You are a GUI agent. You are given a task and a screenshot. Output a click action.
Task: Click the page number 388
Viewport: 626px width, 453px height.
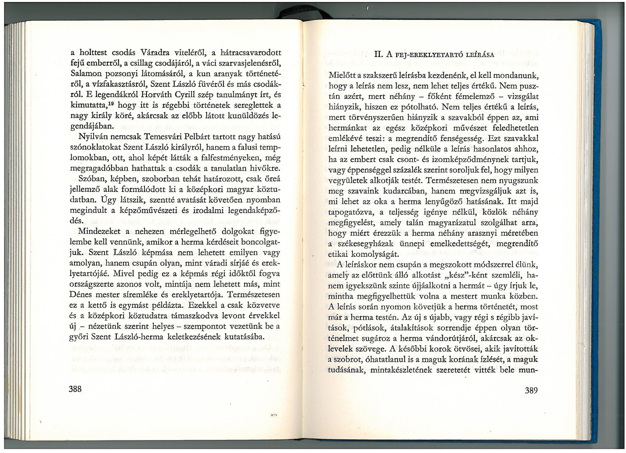(75, 389)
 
